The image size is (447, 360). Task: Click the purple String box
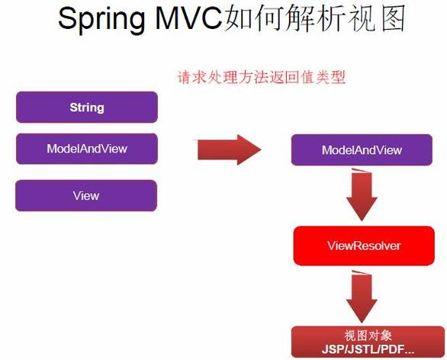click(87, 108)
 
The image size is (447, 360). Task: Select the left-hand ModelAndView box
click(87, 149)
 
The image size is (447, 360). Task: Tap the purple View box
click(86, 195)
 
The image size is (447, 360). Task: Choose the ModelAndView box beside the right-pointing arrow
click(362, 150)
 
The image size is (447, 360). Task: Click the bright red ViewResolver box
click(364, 246)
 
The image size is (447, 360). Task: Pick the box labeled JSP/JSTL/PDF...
click(368, 342)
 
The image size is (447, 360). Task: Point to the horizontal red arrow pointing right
click(228, 149)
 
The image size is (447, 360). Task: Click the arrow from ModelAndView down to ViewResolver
click(362, 194)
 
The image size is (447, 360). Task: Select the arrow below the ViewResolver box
click(362, 297)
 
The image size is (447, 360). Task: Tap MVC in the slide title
click(188, 18)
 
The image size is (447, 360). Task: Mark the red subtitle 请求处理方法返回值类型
click(262, 77)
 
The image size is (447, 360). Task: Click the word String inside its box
click(87, 108)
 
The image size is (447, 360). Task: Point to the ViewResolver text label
click(364, 246)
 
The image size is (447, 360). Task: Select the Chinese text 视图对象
click(368, 336)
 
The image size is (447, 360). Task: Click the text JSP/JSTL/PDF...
click(368, 349)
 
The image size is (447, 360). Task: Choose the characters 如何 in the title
click(253, 18)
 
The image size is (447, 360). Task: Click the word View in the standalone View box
click(86, 196)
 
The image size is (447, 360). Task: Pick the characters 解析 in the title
click(316, 18)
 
